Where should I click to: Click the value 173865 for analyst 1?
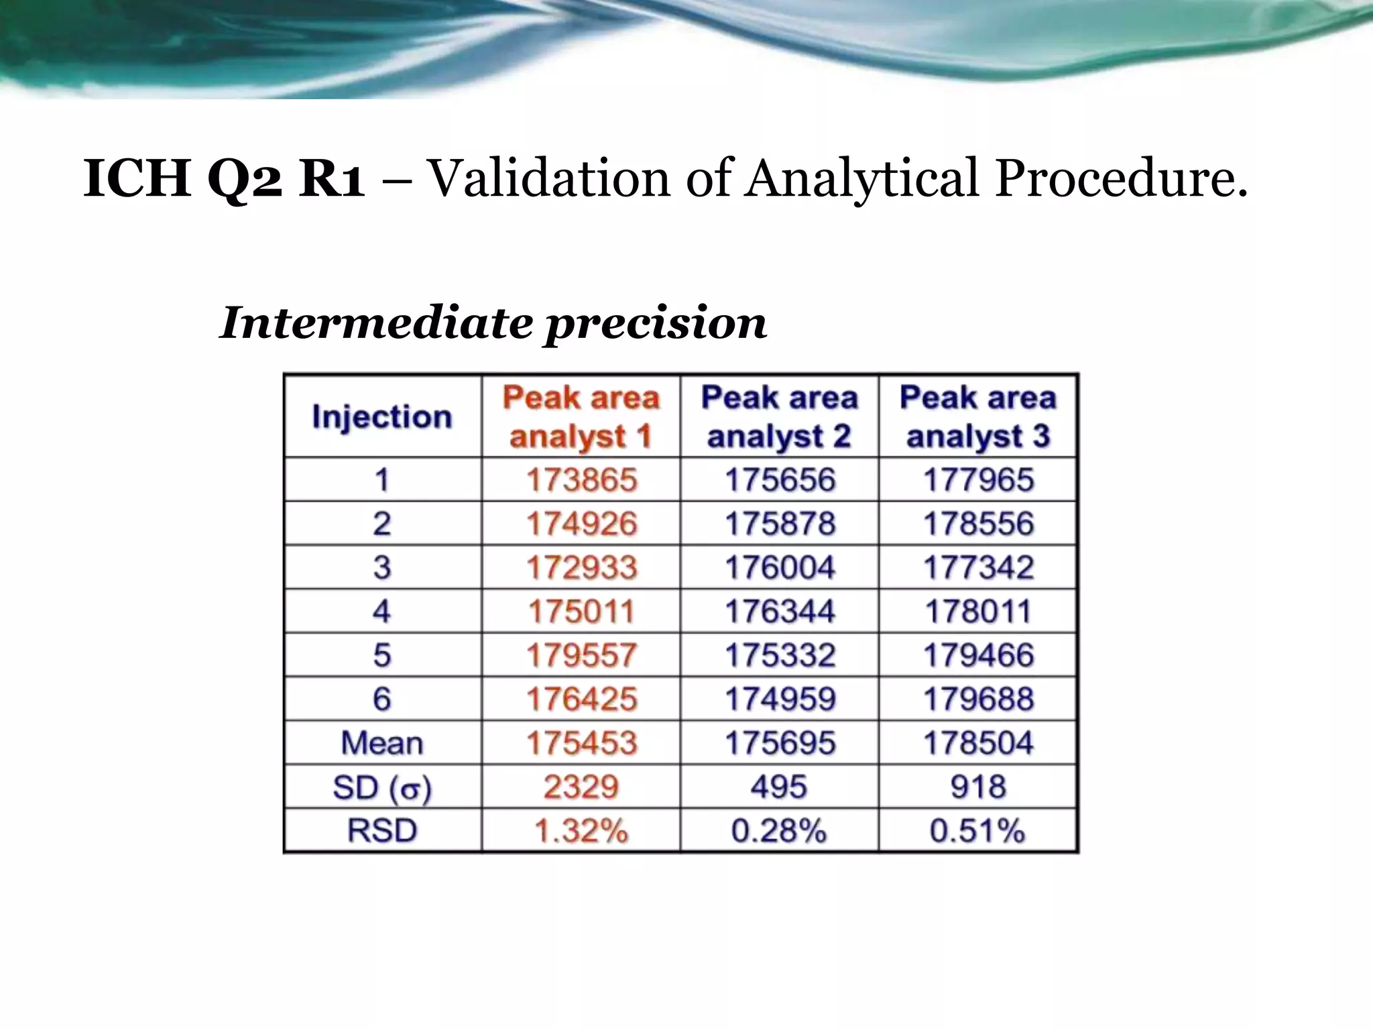point(581,480)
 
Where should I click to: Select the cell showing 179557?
point(581,655)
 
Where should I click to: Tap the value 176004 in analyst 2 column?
point(780,568)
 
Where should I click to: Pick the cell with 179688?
point(978,699)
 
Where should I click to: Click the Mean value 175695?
point(780,743)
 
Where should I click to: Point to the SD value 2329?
point(581,787)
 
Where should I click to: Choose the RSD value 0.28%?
point(779,831)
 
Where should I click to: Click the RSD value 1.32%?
point(581,831)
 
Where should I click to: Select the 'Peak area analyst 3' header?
point(978,416)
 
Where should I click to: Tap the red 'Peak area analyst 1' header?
point(581,416)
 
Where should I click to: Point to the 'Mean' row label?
point(382,743)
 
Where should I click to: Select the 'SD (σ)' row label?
point(382,787)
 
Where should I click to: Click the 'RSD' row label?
point(382,831)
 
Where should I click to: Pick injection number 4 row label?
point(382,612)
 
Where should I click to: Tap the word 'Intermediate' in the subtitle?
point(376,323)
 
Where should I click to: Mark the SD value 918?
point(978,787)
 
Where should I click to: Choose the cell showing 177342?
point(978,568)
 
